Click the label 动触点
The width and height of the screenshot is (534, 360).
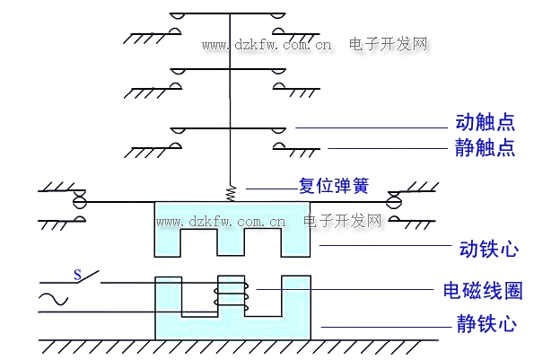(485, 122)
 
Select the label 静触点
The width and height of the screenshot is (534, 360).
(485, 147)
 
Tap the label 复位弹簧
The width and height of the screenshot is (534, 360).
(334, 186)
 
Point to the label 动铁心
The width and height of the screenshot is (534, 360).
(489, 249)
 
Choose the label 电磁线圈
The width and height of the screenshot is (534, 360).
(483, 291)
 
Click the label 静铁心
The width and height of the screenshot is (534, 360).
(486, 323)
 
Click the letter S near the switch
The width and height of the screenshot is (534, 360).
(78, 275)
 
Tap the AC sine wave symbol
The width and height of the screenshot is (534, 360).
(54, 299)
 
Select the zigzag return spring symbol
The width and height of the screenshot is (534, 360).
(232, 193)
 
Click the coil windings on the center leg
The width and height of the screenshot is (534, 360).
(232, 294)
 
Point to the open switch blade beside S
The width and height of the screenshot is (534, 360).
(88, 277)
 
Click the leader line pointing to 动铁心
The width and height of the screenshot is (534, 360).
(385, 245)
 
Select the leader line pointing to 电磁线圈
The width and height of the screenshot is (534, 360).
(345, 289)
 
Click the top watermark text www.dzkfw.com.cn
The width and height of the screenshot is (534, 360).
(267, 45)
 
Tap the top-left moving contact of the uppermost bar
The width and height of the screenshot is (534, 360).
(178, 16)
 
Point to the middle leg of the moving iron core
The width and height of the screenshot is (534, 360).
(232, 242)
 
